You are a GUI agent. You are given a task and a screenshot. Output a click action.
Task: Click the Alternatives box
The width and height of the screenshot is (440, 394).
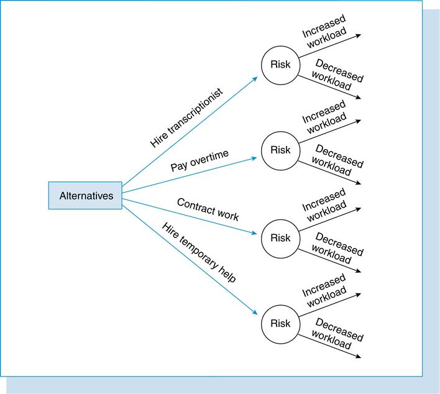(85, 196)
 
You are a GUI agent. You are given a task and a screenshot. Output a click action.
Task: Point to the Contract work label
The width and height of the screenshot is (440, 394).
(208, 209)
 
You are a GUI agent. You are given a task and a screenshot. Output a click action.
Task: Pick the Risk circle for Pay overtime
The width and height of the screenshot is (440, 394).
(280, 150)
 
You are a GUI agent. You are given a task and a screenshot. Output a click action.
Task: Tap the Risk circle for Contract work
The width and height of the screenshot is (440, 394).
(280, 238)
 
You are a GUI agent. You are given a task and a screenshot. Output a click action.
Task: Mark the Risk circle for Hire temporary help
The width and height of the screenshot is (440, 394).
(280, 324)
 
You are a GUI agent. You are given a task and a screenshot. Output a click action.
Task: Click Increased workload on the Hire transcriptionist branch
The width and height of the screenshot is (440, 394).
(323, 32)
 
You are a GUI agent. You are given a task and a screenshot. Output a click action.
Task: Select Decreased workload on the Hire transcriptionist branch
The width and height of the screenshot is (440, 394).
(337, 76)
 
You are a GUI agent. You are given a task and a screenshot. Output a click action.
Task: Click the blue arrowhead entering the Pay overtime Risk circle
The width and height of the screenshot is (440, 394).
(254, 158)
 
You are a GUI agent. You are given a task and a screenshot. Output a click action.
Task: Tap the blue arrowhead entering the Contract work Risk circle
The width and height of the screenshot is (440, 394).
(254, 233)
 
